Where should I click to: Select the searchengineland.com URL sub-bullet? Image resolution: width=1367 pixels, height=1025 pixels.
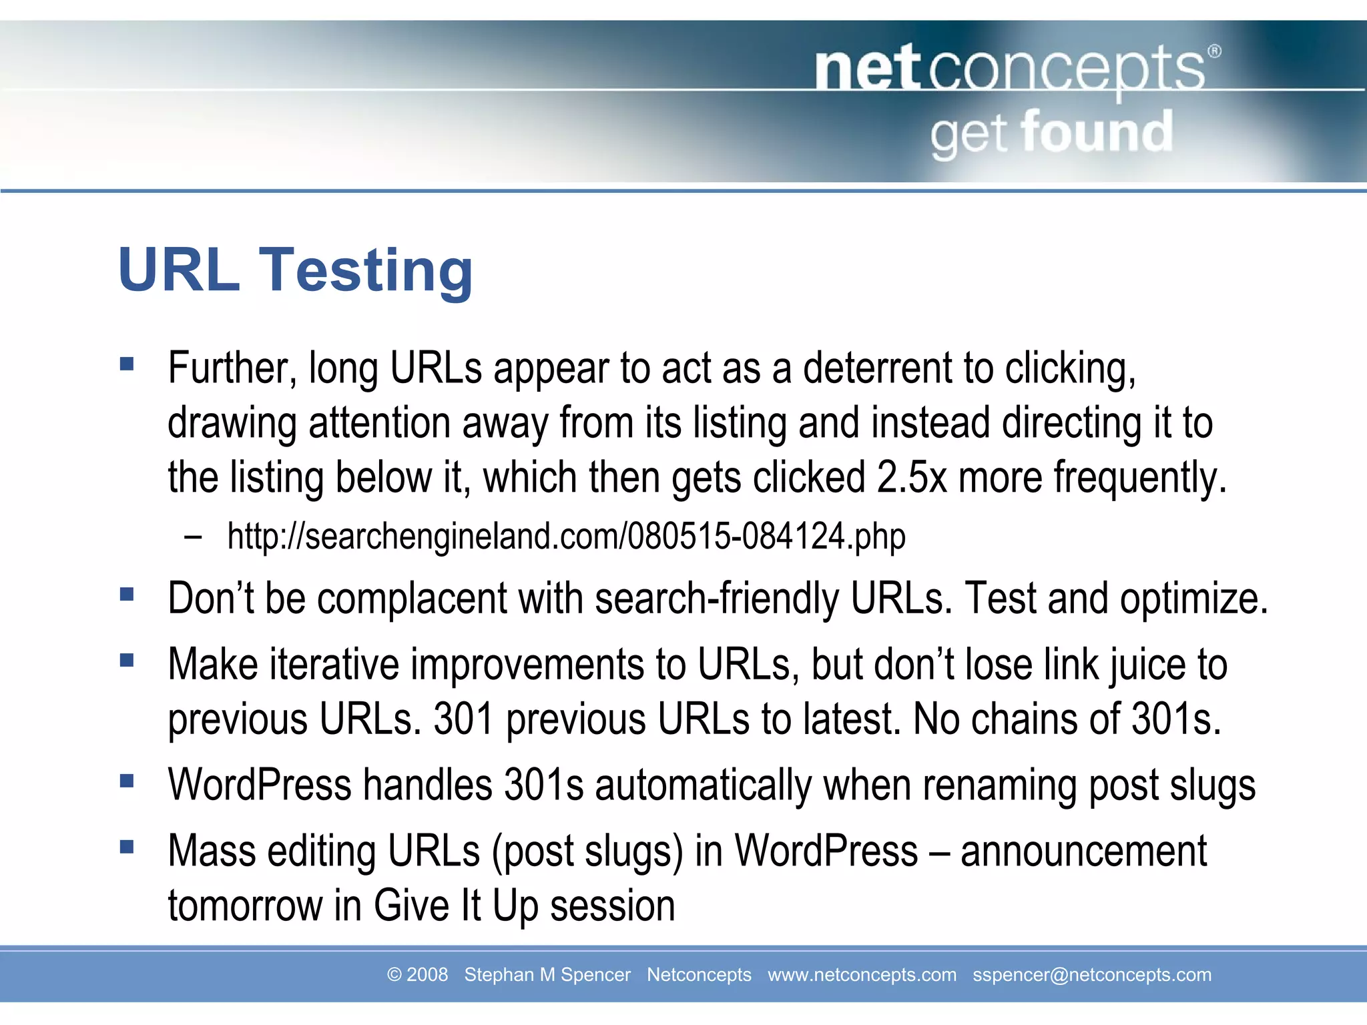click(x=566, y=537)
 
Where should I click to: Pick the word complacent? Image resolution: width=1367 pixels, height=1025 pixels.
click(x=412, y=598)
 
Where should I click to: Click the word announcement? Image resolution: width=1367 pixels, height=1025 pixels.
click(x=1083, y=851)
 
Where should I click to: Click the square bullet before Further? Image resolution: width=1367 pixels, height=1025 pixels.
click(x=127, y=364)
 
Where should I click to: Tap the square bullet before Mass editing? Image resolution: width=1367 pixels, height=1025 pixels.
click(x=127, y=847)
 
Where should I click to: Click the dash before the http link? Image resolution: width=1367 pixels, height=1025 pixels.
click(x=194, y=537)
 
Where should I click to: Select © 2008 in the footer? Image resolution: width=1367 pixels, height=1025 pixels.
click(x=417, y=975)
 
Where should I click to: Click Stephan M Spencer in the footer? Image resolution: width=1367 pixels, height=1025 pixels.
click(x=547, y=975)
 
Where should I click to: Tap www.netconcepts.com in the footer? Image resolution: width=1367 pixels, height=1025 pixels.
click(x=862, y=975)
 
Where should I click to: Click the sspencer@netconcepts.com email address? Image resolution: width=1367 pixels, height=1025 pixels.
click(x=1091, y=975)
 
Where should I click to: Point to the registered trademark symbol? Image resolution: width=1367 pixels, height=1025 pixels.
click(x=1214, y=51)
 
